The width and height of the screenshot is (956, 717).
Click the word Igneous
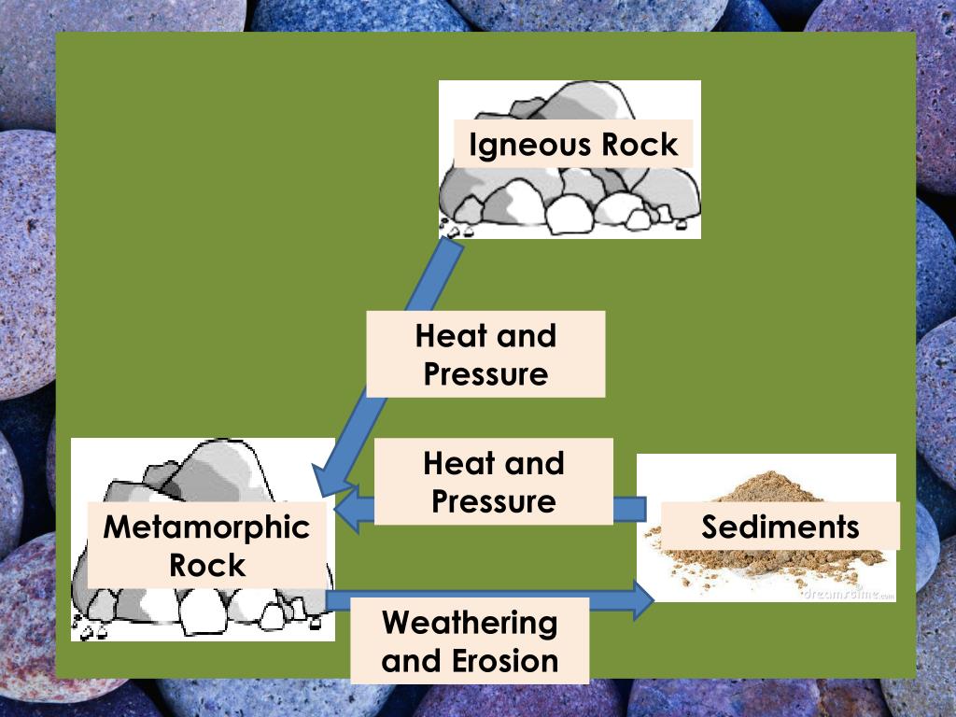530,145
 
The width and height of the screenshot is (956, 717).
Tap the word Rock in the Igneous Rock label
640,145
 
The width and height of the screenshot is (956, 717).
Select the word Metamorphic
206,527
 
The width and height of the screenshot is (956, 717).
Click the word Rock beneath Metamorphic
207,565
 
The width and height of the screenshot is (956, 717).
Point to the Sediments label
780,527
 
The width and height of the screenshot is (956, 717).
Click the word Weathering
470,623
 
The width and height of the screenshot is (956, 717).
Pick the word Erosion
505,661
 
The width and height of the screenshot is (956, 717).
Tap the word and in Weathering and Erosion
415,661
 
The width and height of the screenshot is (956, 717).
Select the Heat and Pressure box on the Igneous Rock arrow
485,355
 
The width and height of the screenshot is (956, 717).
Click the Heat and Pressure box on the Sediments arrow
493,482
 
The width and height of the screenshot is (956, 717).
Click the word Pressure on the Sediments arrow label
493,501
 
